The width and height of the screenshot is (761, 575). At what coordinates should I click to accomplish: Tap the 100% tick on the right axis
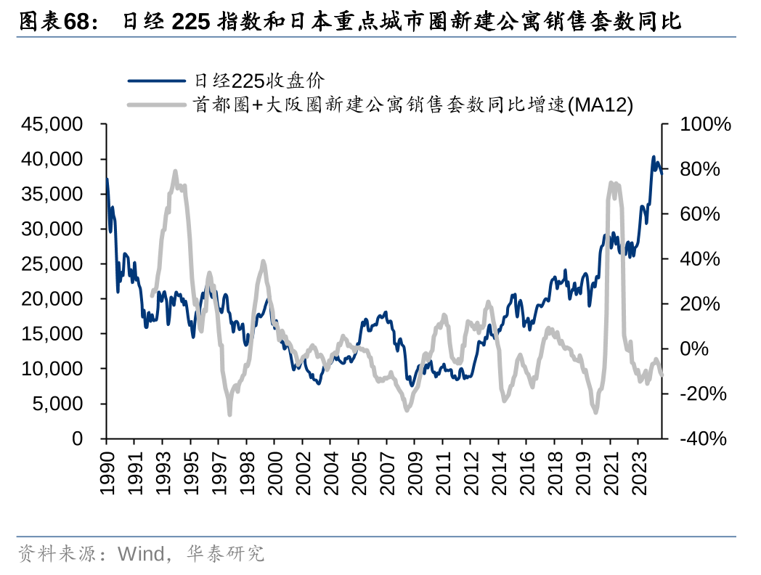(x=704, y=124)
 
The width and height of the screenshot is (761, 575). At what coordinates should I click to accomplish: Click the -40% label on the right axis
(x=702, y=439)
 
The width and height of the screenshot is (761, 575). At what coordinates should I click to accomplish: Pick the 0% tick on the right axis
(x=694, y=348)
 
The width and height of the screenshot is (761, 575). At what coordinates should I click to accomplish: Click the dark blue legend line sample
(x=157, y=80)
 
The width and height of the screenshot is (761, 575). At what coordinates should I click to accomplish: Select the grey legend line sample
(x=157, y=105)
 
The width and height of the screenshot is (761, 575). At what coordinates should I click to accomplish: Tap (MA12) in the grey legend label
(x=600, y=105)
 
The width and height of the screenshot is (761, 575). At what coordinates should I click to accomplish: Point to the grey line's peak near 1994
(x=175, y=172)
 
